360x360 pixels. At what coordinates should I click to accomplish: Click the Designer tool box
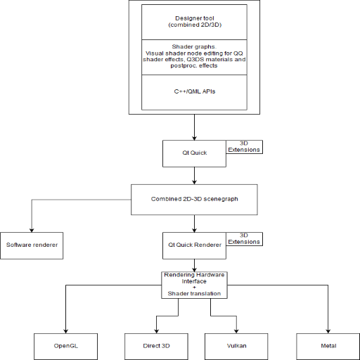[x=194, y=22]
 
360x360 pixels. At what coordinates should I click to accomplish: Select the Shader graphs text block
[x=194, y=56]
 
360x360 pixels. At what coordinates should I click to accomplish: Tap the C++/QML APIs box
[x=194, y=92]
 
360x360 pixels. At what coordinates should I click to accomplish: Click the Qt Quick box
[x=194, y=153]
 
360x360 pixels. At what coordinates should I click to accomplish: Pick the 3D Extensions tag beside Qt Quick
[x=244, y=147]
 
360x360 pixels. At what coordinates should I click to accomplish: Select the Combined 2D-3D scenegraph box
[x=194, y=200]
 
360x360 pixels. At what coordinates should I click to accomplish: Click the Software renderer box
[x=32, y=245]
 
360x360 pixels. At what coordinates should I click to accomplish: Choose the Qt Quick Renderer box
[x=194, y=245]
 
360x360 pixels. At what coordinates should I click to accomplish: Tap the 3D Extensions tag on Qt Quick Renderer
[x=244, y=239]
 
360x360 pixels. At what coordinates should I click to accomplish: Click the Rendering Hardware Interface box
[x=194, y=285]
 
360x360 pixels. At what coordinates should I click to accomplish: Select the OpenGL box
[x=65, y=347]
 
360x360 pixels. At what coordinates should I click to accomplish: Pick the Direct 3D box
[x=156, y=347]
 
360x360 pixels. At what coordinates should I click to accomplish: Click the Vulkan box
[x=236, y=347]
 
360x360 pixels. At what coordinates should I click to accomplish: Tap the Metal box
[x=328, y=347]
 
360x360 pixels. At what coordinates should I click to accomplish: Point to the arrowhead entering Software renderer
[x=32, y=230]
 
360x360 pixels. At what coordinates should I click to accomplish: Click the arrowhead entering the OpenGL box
[x=65, y=331]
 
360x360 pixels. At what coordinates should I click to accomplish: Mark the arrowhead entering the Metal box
[x=328, y=331]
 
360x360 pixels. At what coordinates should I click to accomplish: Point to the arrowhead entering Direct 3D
[x=156, y=331]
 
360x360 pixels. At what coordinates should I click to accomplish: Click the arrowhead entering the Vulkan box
[x=236, y=331]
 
